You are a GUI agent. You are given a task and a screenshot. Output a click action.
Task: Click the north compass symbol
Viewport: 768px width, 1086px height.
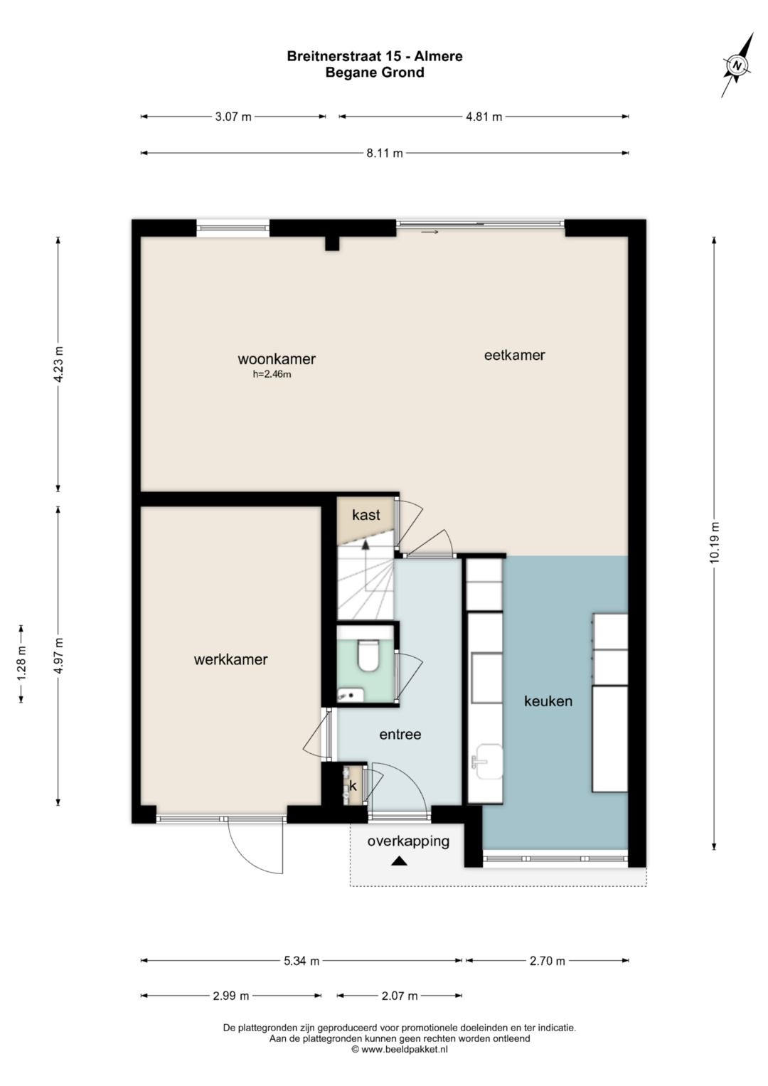pyautogui.click(x=737, y=65)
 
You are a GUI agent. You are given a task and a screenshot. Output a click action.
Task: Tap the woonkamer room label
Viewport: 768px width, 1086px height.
pyautogui.click(x=277, y=359)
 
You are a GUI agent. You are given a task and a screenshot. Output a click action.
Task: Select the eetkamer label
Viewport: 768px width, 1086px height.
pyautogui.click(x=514, y=355)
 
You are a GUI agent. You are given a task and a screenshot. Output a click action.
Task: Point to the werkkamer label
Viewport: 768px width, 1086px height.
pyautogui.click(x=231, y=659)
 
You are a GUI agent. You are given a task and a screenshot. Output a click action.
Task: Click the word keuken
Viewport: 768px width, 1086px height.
pyautogui.click(x=548, y=701)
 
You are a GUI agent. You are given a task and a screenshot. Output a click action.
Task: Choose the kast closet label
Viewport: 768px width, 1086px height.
pyautogui.click(x=366, y=515)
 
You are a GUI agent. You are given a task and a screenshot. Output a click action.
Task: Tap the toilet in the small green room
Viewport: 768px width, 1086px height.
pyautogui.click(x=368, y=655)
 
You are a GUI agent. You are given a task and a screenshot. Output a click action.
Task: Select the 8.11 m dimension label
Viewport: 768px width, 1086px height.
pyautogui.click(x=385, y=154)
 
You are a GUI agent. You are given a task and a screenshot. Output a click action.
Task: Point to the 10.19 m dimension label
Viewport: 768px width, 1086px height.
pyautogui.click(x=714, y=543)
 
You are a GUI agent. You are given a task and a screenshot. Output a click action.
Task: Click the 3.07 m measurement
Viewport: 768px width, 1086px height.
pyautogui.click(x=233, y=117)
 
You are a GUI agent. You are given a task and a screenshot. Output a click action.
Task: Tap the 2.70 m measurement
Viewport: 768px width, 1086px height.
pyautogui.click(x=548, y=961)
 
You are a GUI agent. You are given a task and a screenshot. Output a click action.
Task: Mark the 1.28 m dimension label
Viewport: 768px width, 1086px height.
pyautogui.click(x=22, y=664)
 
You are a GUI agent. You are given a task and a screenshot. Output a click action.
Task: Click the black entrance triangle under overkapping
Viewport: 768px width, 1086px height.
pyautogui.click(x=399, y=861)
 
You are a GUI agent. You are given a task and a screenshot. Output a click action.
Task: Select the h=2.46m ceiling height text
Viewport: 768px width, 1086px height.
pyautogui.click(x=272, y=374)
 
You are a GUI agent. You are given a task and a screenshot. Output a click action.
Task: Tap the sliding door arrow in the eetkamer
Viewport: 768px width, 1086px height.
pyautogui.click(x=430, y=233)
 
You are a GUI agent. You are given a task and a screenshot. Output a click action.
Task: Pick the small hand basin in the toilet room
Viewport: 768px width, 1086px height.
pyautogui.click(x=351, y=695)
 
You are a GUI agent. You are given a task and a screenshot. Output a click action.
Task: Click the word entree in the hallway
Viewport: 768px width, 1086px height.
pyautogui.click(x=400, y=734)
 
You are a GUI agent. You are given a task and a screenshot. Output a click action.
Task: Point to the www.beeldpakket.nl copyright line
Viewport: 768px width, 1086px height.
pyautogui.click(x=400, y=1049)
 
